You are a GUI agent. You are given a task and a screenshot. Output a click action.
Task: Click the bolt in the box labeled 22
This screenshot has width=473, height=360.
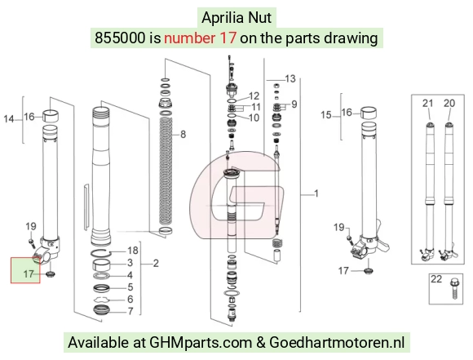(x=454, y=288)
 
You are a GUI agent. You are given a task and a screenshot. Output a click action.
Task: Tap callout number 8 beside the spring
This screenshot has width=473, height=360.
(x=183, y=134)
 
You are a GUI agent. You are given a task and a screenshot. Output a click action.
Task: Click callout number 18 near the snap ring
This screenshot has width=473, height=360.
(x=133, y=251)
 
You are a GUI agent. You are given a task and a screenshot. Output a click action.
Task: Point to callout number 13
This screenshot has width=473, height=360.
(x=290, y=79)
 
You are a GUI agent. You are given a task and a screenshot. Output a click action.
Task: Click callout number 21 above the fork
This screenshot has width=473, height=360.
(x=428, y=104)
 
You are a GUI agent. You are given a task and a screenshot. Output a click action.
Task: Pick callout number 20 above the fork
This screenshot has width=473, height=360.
(x=449, y=104)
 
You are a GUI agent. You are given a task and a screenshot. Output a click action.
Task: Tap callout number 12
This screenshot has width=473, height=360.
(x=254, y=96)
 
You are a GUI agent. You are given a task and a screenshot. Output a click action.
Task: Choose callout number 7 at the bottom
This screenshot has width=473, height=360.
(x=130, y=311)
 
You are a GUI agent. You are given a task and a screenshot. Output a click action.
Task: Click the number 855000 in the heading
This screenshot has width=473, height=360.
(x=120, y=38)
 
